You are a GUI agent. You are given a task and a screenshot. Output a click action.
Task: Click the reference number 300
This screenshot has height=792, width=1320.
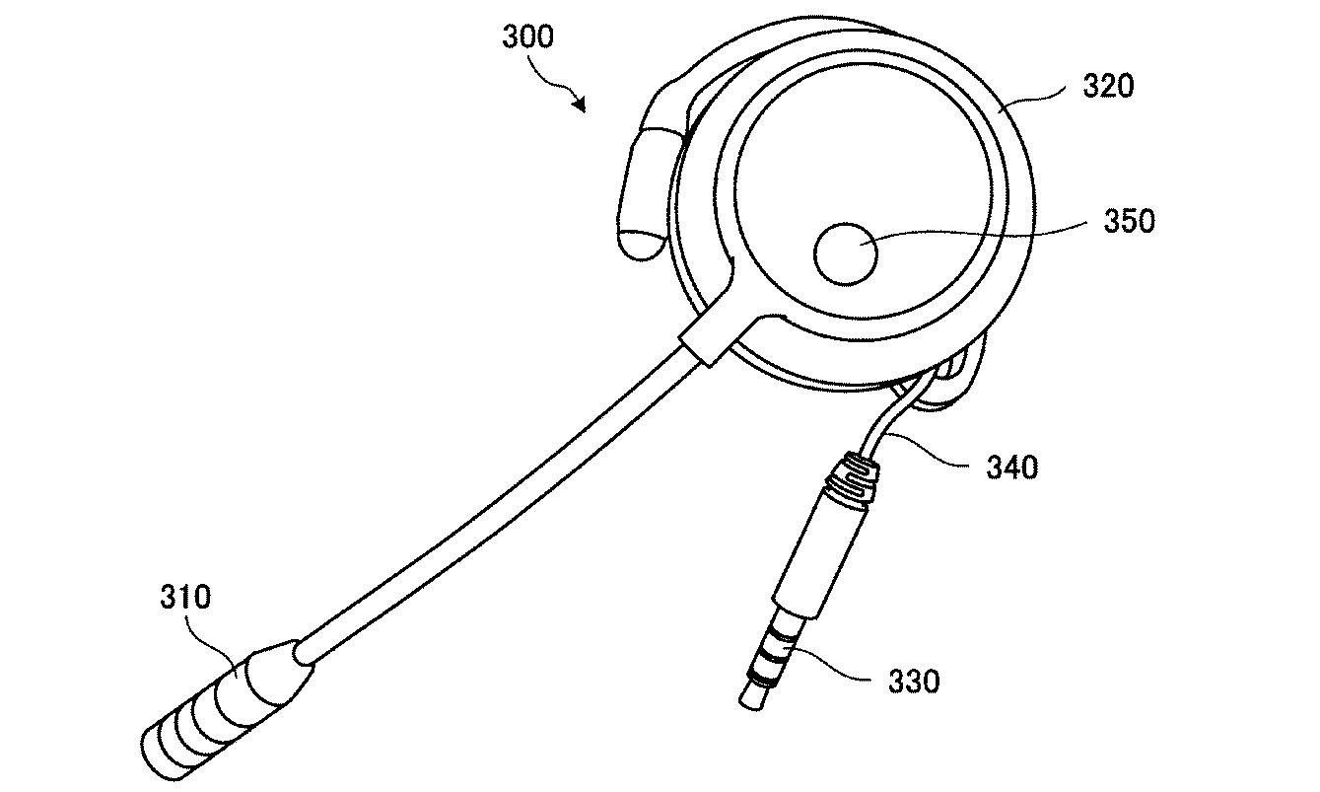(x=528, y=36)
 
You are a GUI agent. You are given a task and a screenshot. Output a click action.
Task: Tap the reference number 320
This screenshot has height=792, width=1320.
(x=1108, y=86)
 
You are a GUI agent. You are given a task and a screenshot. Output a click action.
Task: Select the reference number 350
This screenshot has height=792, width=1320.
(x=1129, y=222)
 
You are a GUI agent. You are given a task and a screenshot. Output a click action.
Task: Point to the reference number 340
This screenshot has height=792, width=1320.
(x=1012, y=468)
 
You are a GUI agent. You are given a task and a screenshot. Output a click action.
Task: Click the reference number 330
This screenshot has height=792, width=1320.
(x=914, y=682)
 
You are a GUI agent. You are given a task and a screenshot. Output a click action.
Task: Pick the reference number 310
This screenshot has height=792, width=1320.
(x=185, y=597)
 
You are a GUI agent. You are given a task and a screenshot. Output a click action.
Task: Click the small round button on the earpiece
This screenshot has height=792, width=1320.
(x=846, y=254)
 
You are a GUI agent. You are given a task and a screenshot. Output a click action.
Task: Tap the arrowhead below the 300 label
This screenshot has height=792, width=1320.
(x=581, y=105)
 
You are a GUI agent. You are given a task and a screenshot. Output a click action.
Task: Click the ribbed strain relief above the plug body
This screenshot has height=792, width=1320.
(x=852, y=480)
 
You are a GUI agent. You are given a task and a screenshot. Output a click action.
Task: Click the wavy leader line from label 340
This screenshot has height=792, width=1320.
(x=928, y=450)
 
